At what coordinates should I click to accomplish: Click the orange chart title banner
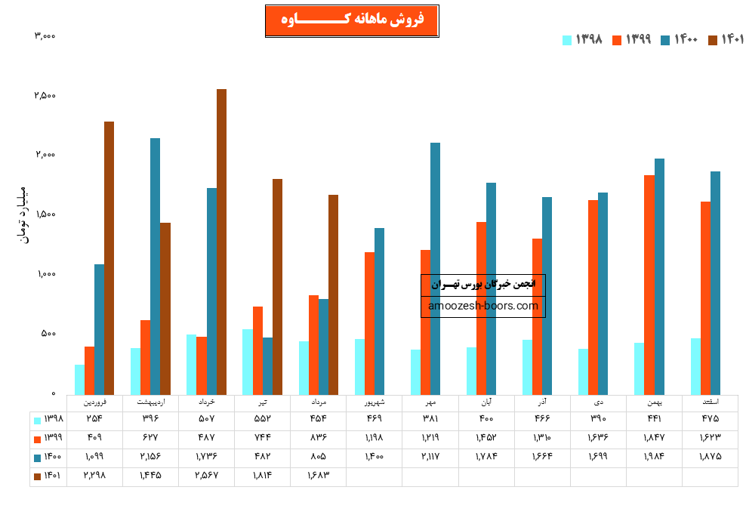tap(352, 20)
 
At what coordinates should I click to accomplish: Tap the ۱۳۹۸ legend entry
tap(583, 39)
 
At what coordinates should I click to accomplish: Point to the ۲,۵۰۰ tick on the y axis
tap(45, 96)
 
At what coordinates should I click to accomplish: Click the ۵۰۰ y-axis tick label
tap(47, 334)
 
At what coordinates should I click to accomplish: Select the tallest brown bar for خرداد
tap(221, 242)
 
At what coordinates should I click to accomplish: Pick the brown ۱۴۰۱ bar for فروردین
tap(109, 257)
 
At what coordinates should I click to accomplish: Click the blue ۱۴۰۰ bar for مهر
tap(435, 268)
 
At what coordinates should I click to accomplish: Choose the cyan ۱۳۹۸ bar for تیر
tap(248, 362)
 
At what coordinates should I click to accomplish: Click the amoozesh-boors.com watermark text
tap(483, 306)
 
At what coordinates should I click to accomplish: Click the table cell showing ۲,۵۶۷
tap(206, 475)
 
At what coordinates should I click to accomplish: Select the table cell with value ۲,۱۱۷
tap(430, 456)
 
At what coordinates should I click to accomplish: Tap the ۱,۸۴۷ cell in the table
tap(653, 437)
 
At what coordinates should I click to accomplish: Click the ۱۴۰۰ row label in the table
tap(48, 456)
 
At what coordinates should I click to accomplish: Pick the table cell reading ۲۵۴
tap(94, 418)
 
